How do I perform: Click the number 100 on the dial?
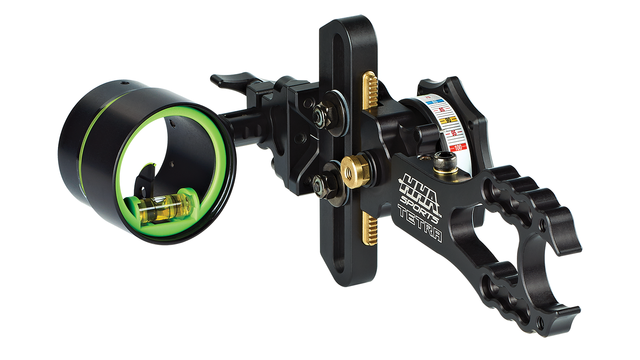[x=458, y=147]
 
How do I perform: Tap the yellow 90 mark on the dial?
[x=448, y=120]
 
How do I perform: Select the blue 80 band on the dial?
[x=435, y=102]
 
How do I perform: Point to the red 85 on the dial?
[x=442, y=110]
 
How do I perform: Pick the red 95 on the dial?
[x=454, y=133]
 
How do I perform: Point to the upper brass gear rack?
[x=370, y=90]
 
